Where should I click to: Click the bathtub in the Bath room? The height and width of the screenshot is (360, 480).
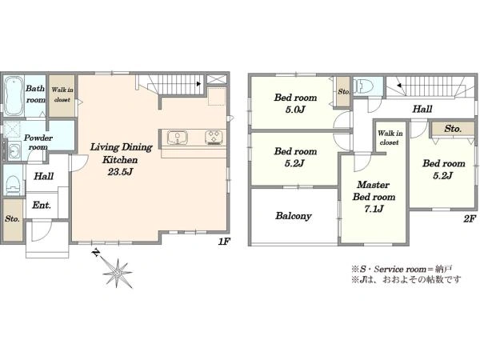14,95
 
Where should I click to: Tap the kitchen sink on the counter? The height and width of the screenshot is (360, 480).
178,138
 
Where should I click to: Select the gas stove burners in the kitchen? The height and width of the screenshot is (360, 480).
214,138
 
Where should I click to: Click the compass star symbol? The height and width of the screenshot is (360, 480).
118,273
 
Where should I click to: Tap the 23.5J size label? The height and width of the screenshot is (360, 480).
120,172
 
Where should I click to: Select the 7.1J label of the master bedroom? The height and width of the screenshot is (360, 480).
374,209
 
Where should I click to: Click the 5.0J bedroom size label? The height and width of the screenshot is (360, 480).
295,110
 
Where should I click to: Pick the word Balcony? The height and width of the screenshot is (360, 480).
294,216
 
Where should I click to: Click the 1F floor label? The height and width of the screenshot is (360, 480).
224,242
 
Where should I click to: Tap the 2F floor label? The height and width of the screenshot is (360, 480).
470,219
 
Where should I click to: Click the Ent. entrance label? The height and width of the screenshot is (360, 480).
42,205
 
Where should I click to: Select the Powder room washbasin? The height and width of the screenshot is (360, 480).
14,151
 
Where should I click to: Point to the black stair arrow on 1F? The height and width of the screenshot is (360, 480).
199,83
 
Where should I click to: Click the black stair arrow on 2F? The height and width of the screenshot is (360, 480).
399,86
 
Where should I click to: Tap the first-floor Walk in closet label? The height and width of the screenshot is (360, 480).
62,94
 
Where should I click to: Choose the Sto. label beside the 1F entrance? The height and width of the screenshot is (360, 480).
12,219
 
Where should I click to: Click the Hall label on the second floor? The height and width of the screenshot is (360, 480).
422,109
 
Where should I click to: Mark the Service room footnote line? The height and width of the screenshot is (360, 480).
402,270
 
